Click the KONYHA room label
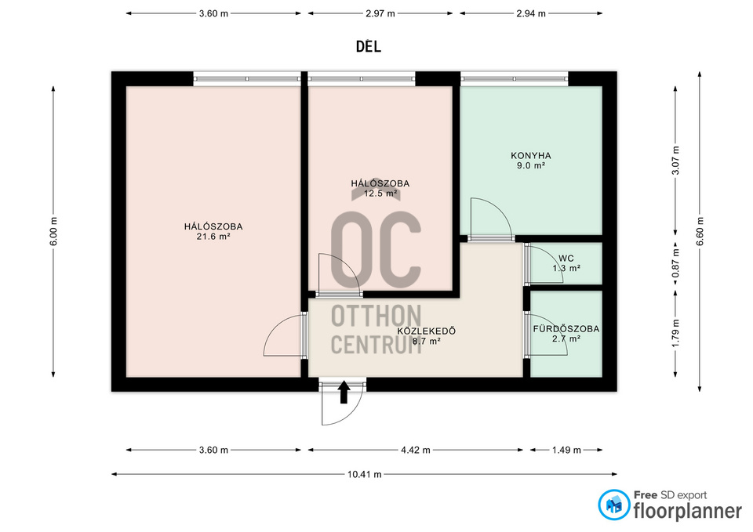pos(531,155)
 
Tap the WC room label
pos(566,259)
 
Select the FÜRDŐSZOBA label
pos(566,328)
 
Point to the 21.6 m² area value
pos(213,236)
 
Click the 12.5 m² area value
pos(380,194)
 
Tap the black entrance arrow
pos(344,393)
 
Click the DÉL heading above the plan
pos(369,46)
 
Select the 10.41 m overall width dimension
pos(365,475)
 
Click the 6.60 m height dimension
pos(700,231)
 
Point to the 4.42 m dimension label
pos(416,450)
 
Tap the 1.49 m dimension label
pos(566,450)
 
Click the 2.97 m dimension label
pos(380,13)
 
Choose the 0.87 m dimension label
pos(675,263)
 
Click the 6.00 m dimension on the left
pos(53,231)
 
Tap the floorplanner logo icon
pos(613,505)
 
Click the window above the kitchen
pos(515,78)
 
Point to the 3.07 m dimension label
pos(675,160)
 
